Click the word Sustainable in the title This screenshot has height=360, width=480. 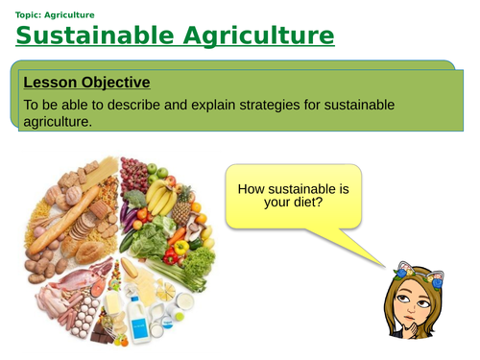point(91,36)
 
